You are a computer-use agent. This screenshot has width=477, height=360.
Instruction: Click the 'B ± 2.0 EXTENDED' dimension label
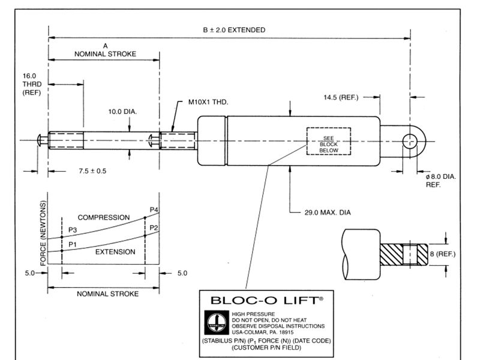click(234, 30)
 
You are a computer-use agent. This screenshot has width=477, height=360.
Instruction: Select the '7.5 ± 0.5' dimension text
click(92, 171)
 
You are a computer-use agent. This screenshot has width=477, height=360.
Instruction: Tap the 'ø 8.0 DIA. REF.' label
click(440, 181)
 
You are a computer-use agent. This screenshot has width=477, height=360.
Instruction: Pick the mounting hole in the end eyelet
click(410, 141)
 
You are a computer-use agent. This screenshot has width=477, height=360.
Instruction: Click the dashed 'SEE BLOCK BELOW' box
click(324, 142)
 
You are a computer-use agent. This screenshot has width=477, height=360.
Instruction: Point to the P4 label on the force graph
click(154, 209)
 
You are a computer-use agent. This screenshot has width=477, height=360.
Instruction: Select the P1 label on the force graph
click(73, 244)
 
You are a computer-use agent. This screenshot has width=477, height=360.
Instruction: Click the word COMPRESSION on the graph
click(104, 217)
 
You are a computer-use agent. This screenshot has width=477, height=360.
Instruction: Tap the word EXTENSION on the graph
click(115, 252)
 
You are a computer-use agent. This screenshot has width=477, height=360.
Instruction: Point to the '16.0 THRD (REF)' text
click(30, 85)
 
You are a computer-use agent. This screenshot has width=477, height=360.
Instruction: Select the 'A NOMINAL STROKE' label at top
click(105, 50)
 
